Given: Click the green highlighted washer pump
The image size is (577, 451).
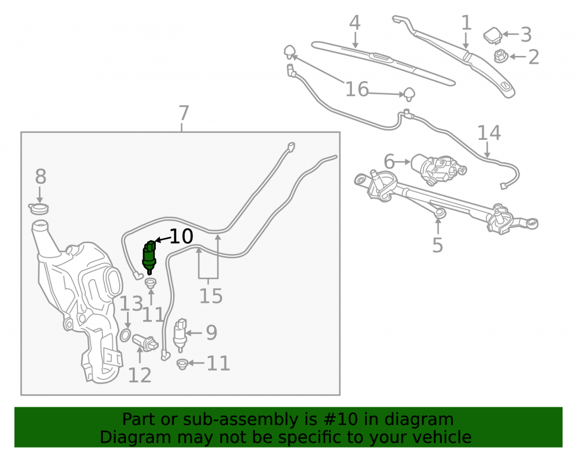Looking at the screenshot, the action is click(149, 257).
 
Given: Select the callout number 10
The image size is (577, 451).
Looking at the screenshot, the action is click(181, 236).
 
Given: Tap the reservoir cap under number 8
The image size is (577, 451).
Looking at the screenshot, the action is click(39, 208).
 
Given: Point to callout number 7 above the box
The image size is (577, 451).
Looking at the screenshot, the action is click(184, 113).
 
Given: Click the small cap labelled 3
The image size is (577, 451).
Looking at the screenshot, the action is click(493, 35).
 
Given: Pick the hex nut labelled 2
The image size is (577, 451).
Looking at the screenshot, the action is click(501, 57).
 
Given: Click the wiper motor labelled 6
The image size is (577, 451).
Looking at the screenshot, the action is click(438, 169).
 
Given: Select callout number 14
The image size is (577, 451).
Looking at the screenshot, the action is click(489, 133).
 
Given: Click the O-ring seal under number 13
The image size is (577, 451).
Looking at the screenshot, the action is click(125, 336).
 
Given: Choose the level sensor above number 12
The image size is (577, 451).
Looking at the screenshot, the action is click(145, 342).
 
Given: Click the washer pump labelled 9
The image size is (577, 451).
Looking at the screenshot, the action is click(180, 335).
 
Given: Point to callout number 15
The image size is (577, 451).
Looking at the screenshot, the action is click(211, 296).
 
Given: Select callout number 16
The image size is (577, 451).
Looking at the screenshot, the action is click(357, 90).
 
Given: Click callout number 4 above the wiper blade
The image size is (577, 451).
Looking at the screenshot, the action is click(354, 23).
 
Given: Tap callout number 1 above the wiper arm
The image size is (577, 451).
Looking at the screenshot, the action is click(466, 23).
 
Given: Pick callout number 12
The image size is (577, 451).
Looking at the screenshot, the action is click(140, 375).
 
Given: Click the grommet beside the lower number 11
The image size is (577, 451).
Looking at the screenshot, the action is click(182, 364).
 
